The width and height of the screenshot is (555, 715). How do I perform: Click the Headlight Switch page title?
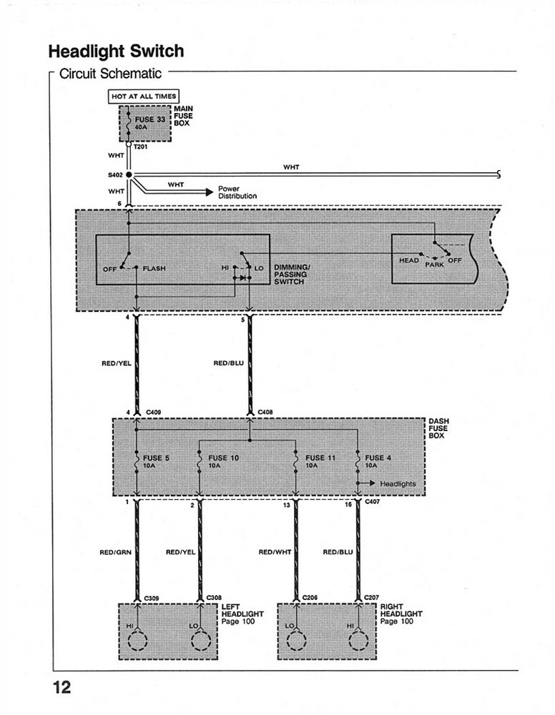tap(116, 51)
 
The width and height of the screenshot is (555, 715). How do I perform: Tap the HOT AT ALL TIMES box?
tap(144, 97)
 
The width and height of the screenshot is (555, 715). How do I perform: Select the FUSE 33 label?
tap(149, 119)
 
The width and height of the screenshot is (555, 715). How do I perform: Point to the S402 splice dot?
tap(129, 174)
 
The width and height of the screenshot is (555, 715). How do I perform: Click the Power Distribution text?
tap(237, 192)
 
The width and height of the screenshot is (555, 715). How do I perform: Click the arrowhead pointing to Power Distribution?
tap(210, 192)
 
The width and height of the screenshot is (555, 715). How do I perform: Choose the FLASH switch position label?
tap(154, 268)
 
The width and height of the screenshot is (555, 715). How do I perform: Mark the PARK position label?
tap(434, 265)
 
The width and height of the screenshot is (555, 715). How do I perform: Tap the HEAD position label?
tap(408, 260)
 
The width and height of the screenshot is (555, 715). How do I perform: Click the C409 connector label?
tap(153, 413)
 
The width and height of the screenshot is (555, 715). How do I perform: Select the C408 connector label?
tap(265, 413)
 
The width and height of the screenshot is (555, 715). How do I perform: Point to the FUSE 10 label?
tap(223, 458)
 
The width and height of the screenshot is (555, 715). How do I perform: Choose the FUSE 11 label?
tap(320, 458)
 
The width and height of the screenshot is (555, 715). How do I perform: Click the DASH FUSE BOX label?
tap(438, 428)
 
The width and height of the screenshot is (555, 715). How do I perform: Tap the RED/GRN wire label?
tap(115, 552)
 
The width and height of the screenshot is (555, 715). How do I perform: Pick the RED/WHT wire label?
tap(275, 552)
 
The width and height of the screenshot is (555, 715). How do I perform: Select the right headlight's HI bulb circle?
tap(358, 641)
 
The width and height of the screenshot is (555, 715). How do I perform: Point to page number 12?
tap(62, 687)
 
